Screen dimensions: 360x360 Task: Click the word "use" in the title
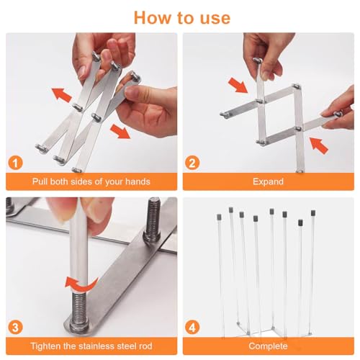(215, 18)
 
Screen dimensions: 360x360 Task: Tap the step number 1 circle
(16, 163)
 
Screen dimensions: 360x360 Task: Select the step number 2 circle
(192, 163)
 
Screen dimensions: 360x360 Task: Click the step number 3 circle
(16, 328)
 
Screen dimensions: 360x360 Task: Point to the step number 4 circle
(192, 328)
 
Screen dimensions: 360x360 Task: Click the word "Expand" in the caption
(268, 181)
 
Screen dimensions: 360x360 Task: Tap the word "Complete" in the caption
(268, 346)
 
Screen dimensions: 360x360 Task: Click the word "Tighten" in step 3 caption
(45, 346)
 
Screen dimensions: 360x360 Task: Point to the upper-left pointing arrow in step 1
(62, 95)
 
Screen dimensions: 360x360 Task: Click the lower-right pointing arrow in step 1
(120, 131)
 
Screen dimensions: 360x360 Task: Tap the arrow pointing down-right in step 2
(238, 85)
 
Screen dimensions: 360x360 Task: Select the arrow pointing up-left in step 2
(318, 145)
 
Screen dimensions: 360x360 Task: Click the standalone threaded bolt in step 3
(153, 220)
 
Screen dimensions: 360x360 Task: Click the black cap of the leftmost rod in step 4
(219, 217)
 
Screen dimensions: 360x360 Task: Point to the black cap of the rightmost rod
(313, 213)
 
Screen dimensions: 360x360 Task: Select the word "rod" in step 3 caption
(145, 346)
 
